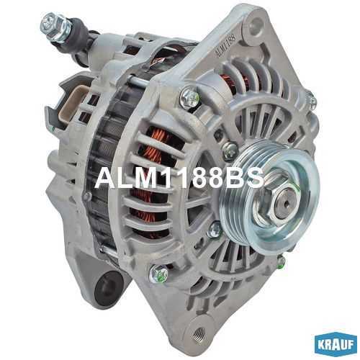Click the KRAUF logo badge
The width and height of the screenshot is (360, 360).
coord(336,344)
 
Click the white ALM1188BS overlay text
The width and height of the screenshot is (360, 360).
coord(179,178)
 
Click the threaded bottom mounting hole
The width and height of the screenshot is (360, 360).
coord(199,333)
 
